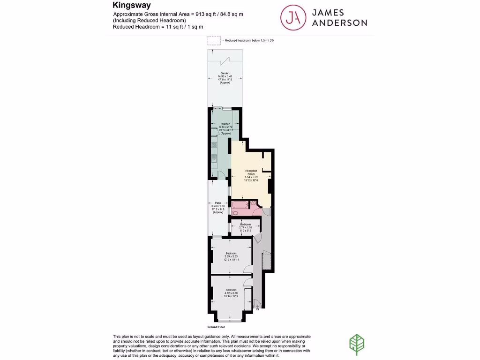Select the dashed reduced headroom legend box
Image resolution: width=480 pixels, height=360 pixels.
pos(214,41)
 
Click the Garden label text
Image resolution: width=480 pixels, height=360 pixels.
pos(225,74)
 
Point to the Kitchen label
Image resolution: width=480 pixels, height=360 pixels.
pos(226,124)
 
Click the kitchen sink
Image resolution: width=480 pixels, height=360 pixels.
pos(214,160)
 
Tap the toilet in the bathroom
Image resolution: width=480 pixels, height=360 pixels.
pos(235,213)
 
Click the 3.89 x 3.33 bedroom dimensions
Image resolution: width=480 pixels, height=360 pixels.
pos(231,256)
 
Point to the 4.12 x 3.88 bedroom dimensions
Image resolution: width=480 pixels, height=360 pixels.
pos(231,293)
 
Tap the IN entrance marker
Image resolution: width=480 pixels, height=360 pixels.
pos(257,309)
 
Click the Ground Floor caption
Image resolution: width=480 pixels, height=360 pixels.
pos(216,327)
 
